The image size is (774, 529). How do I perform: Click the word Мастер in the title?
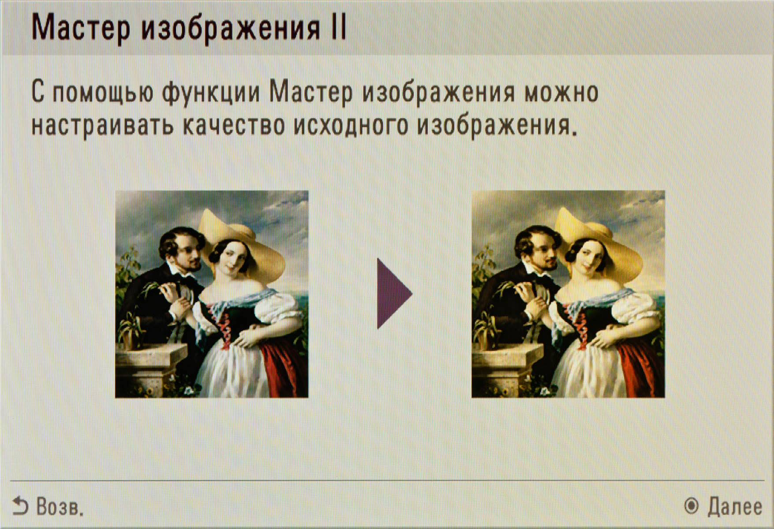pos(81,28)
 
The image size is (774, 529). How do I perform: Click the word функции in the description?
pos(211,93)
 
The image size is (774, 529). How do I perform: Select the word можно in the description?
pos(561,92)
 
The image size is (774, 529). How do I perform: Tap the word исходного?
pos(351,125)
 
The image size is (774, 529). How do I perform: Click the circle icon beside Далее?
pos(692,506)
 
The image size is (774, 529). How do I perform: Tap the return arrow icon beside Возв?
pos(20,506)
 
